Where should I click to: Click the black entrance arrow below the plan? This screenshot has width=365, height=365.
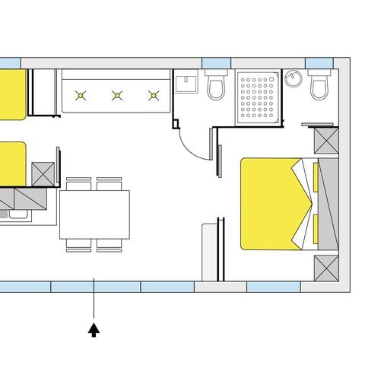(94, 330)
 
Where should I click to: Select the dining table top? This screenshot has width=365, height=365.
(94, 214)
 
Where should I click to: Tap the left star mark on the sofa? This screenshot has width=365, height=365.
(81, 96)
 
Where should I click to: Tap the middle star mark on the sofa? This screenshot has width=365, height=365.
(118, 96)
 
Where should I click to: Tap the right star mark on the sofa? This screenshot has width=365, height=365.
(154, 96)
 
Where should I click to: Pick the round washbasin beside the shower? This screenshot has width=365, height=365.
(294, 78)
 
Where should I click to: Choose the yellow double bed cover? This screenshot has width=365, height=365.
(270, 203)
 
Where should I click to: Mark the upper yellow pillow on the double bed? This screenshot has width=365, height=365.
(314, 177)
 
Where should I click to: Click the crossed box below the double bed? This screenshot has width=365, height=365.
(328, 268)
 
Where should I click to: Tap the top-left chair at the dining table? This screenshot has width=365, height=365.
(78, 183)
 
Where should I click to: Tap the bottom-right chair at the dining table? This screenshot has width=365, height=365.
(109, 245)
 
